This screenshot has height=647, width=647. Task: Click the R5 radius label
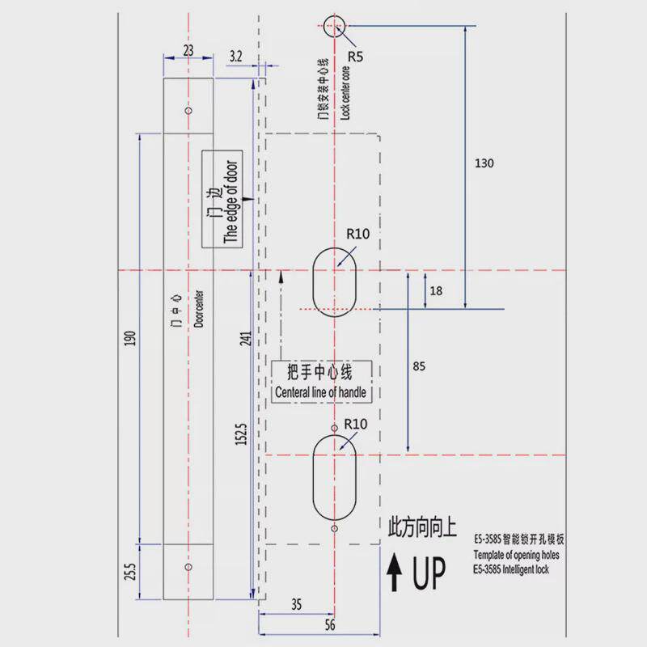click(355, 56)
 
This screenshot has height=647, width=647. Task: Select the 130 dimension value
click(484, 163)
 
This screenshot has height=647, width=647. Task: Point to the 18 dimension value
click(436, 291)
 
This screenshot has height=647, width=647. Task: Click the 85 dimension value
click(419, 366)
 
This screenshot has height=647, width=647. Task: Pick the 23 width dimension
click(188, 50)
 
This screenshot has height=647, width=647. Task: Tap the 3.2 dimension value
click(235, 56)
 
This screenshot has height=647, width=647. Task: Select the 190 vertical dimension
click(130, 338)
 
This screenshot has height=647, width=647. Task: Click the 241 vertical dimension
click(246, 338)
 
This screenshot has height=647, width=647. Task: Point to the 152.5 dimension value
click(241, 434)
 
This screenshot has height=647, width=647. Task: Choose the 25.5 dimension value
click(130, 572)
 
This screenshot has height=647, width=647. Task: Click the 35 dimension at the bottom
click(296, 604)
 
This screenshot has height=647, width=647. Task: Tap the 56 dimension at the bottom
click(330, 624)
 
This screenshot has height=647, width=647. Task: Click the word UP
click(429, 573)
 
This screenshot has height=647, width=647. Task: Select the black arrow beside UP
click(395, 572)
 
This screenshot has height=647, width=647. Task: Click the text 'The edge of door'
click(230, 201)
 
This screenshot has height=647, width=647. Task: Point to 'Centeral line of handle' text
click(320, 392)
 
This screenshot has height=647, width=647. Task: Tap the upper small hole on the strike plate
click(188, 111)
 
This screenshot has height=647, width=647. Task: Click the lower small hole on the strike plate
click(188, 567)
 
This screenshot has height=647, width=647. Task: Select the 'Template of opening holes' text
click(516, 555)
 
